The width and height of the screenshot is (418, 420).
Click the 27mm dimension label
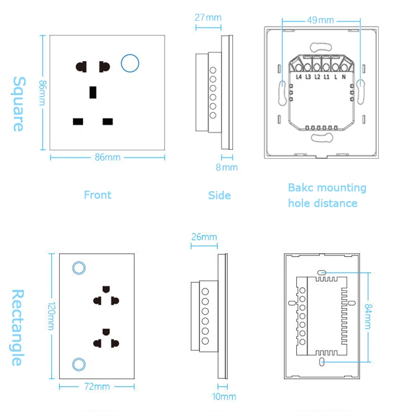click(208, 17)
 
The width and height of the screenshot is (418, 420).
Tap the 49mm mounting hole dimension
click(320, 20)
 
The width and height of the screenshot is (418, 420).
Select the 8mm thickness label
click(227, 168)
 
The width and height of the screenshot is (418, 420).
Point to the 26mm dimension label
click(204, 237)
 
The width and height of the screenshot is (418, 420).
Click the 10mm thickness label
click(224, 397)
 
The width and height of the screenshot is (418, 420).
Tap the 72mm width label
click(97, 387)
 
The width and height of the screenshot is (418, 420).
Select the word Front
click(98, 195)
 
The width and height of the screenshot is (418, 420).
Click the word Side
click(219, 195)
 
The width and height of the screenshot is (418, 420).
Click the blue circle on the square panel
click(130, 63)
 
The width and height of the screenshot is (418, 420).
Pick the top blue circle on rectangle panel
click(79, 267)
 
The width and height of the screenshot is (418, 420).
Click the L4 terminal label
click(299, 77)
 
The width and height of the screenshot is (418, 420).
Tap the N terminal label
click(343, 77)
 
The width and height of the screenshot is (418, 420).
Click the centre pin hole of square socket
click(93, 92)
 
